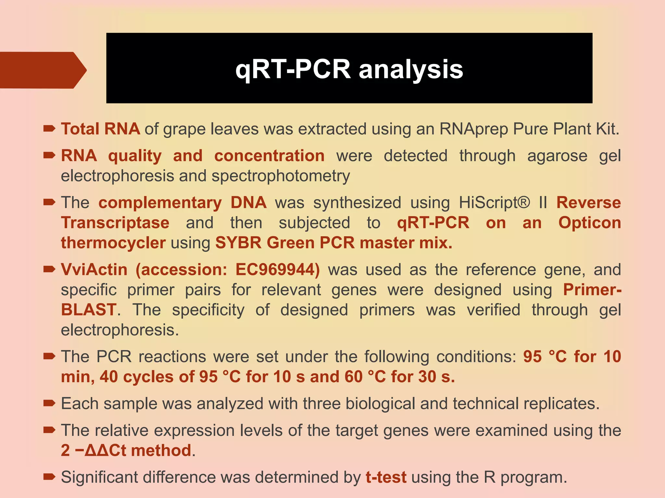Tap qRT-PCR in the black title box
click(x=293, y=69)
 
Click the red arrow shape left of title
click(x=42, y=70)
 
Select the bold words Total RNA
click(x=100, y=129)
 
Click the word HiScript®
click(x=494, y=203)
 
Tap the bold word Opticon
click(x=589, y=223)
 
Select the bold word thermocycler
click(x=113, y=243)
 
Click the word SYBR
click(x=238, y=243)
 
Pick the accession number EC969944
click(x=277, y=270)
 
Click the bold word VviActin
click(x=94, y=270)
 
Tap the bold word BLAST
click(x=88, y=310)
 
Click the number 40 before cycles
click(x=109, y=377)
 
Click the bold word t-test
click(x=386, y=477)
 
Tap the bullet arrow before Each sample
click(x=49, y=403)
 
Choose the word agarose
click(x=557, y=156)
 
